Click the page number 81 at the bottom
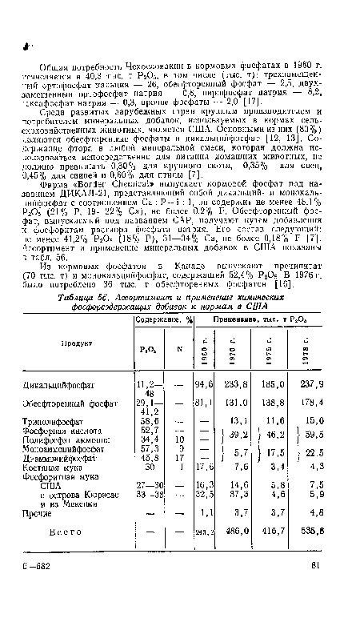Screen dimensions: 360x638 pyautogui.click(x=316, y=609)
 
